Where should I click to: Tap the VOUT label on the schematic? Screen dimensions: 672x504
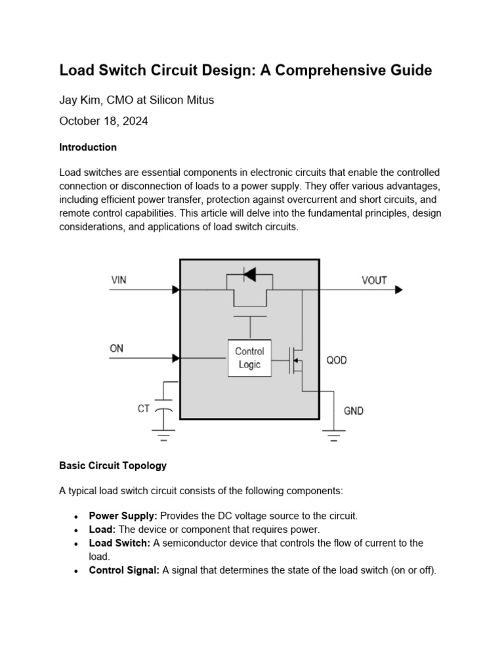coord(374,280)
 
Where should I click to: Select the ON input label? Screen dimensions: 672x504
coord(116,348)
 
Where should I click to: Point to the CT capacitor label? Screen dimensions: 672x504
coord(144,408)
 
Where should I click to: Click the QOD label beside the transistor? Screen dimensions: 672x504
coord(337,360)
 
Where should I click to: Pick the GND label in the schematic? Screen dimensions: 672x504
coord(354,411)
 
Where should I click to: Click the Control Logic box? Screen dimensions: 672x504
coord(249,358)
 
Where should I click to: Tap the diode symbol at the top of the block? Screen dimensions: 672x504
coord(249,274)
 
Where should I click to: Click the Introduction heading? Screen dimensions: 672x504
coord(88,147)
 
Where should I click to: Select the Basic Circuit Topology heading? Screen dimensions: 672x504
coord(113,465)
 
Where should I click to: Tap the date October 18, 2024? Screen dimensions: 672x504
coord(104,121)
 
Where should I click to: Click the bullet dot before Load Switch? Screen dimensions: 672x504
coord(78,543)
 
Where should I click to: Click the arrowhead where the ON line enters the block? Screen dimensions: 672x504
coord(176,358)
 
